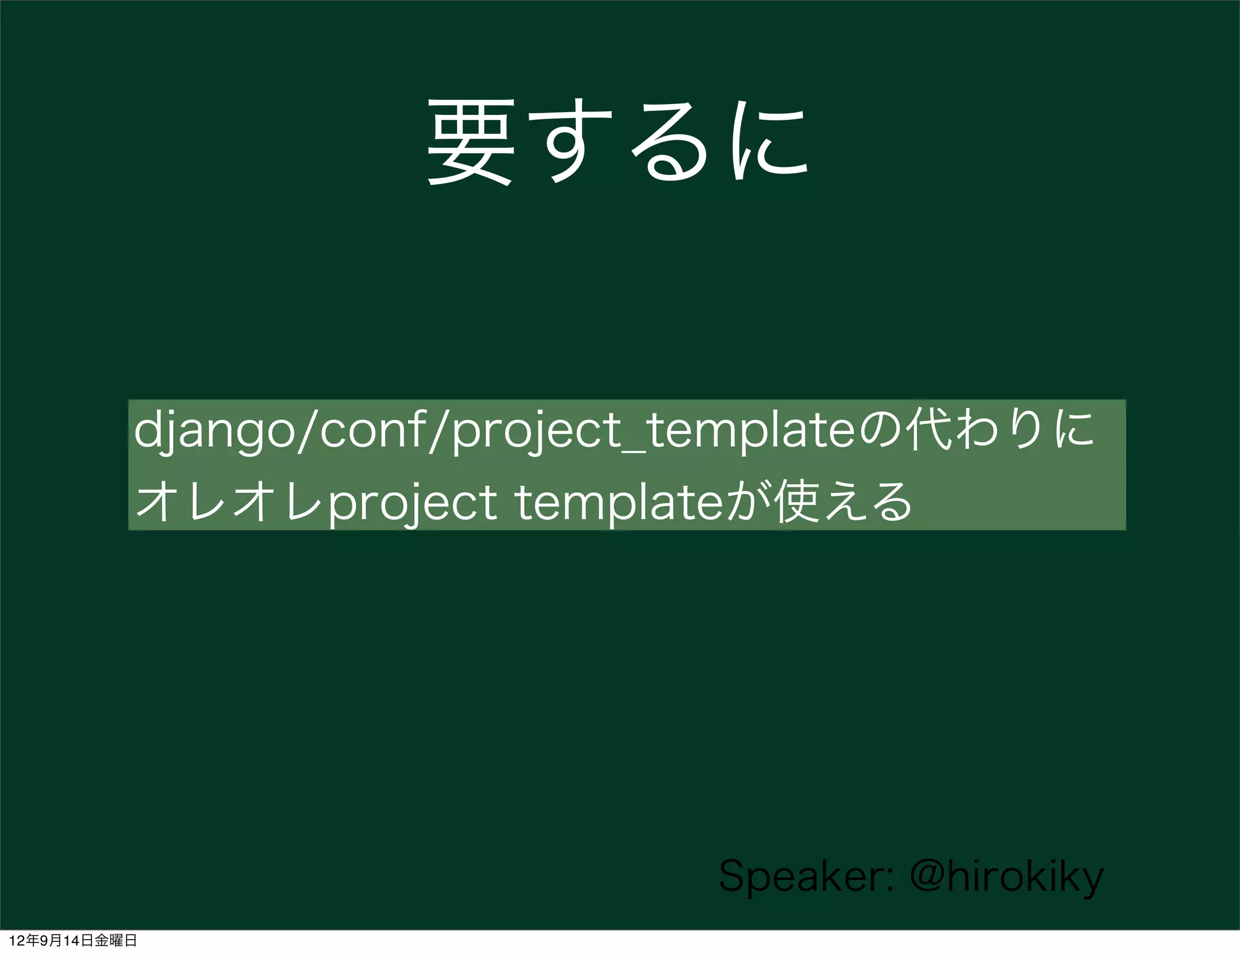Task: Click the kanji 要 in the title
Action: point(470,142)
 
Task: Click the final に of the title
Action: point(769,142)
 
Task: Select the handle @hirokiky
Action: point(1006,877)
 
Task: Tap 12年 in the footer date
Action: point(24,941)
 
